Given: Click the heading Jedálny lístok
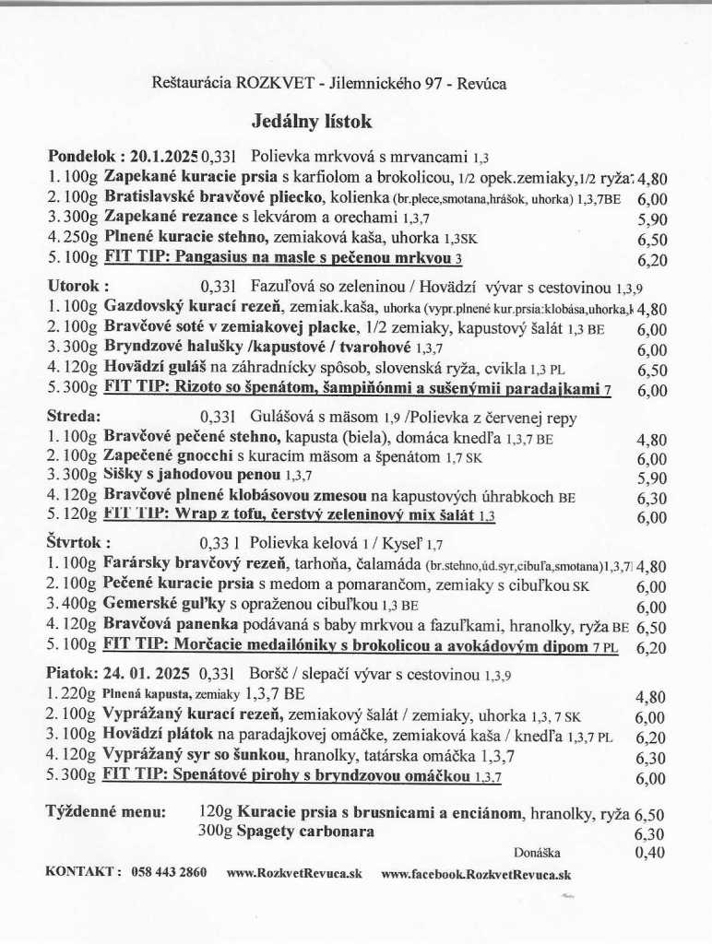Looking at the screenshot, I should pyautogui.click(x=311, y=120).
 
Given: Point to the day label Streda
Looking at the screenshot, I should pyautogui.click(x=74, y=416).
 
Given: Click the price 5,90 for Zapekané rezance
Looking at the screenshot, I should pyautogui.click(x=652, y=220).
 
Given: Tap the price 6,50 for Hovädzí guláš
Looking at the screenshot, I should pyautogui.click(x=652, y=370).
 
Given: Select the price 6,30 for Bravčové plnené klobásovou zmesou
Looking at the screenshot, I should pyautogui.click(x=652, y=498).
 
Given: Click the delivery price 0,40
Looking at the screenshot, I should pyautogui.click(x=650, y=853).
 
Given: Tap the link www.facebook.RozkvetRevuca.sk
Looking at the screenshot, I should pyautogui.click(x=476, y=872).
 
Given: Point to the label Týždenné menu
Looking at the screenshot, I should pyautogui.click(x=106, y=812).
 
